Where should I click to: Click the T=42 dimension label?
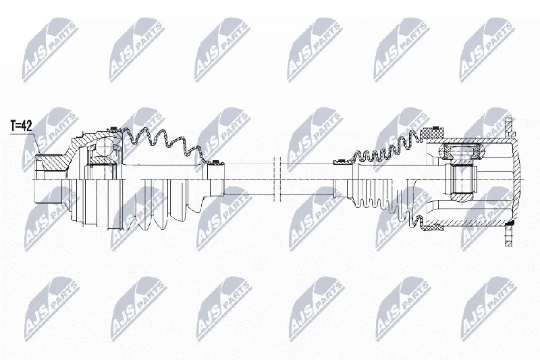pyautogui.click(x=21, y=126)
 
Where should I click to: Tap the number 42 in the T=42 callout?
pyautogui.click(x=26, y=126)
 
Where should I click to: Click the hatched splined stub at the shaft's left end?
pyautogui.click(x=51, y=163)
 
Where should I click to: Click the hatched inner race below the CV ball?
pyautogui.click(x=100, y=163)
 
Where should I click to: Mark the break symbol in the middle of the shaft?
pyautogui.click(x=277, y=179)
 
